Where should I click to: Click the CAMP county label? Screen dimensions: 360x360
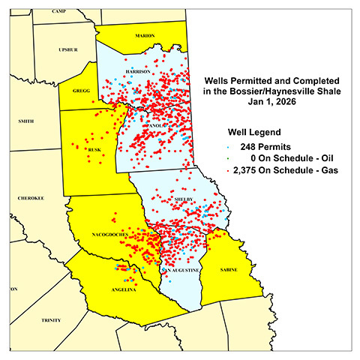[x=59, y=12]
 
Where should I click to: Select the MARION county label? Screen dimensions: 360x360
[x=145, y=35]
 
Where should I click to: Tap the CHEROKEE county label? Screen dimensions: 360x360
[x=31, y=198]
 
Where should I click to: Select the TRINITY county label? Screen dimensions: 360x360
[x=51, y=319]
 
